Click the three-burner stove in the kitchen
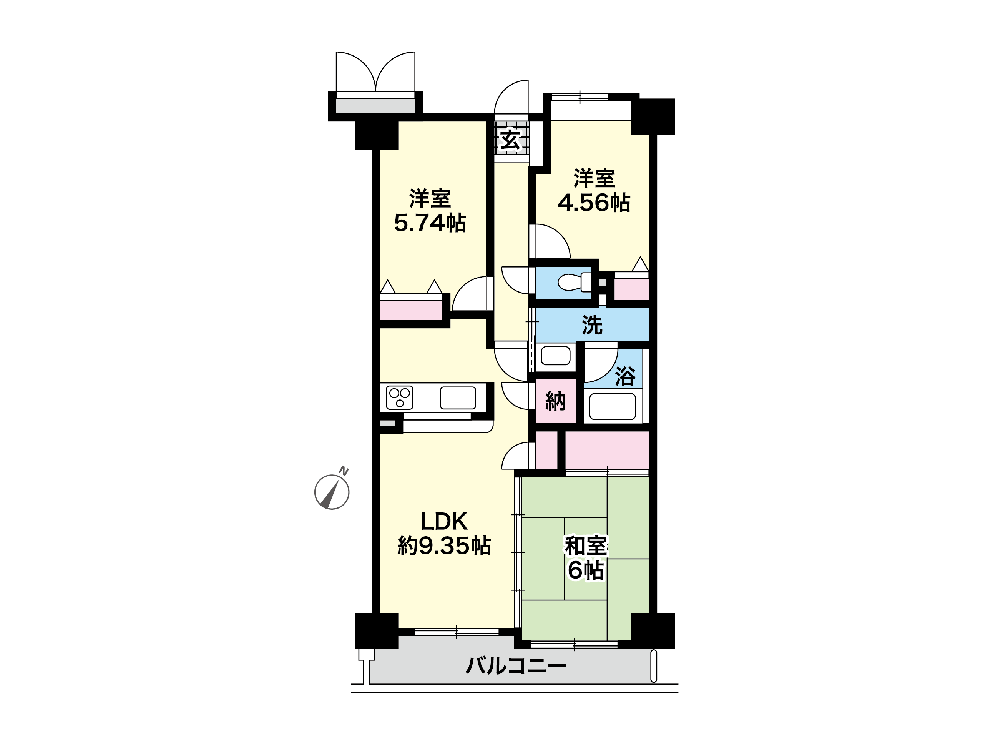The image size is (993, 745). click(x=400, y=397)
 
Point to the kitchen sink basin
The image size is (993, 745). click(x=458, y=398)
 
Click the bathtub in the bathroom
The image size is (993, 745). click(x=612, y=406)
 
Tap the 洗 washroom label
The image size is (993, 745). click(x=592, y=325)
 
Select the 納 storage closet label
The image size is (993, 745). click(x=555, y=401)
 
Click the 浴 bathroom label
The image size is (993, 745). click(x=625, y=376)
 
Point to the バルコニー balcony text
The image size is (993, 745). click(x=516, y=665)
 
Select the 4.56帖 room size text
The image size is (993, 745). click(x=594, y=203)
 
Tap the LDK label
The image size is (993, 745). click(x=444, y=521)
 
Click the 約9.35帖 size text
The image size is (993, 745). click(x=444, y=546)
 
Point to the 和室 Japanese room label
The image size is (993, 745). click(x=586, y=546)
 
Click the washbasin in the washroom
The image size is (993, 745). click(x=556, y=356)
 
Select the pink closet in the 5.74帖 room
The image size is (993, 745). click(x=411, y=310)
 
